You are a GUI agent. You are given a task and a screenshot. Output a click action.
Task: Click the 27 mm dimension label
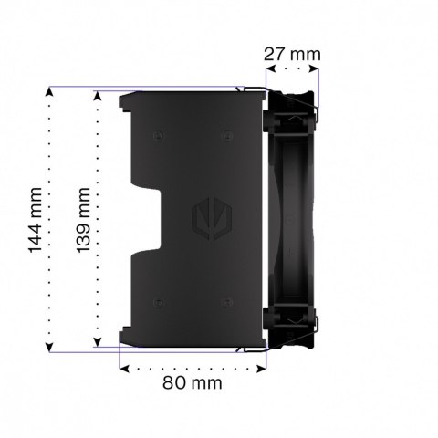coord(292,54)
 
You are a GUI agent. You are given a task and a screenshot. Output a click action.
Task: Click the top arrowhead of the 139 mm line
coord(96,92)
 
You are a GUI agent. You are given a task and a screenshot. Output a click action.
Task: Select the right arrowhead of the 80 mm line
coord(264,369)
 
